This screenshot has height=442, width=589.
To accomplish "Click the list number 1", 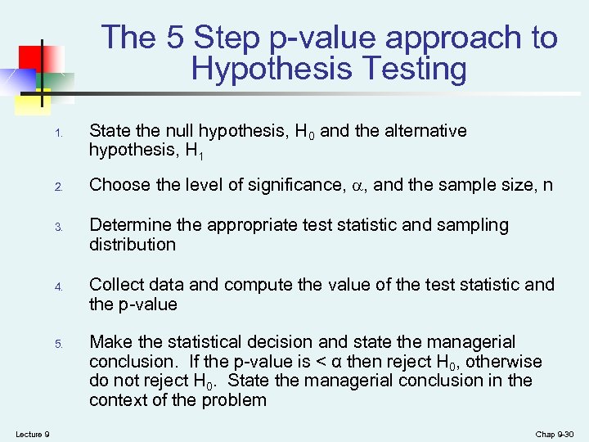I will pyautogui.click(x=58, y=133).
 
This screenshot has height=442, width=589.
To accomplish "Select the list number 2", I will pyautogui.click(x=58, y=187).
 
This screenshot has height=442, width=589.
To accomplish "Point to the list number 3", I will pyautogui.click(x=58, y=227).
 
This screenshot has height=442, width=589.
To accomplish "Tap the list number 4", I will pyautogui.click(x=58, y=287).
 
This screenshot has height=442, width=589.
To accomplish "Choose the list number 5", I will pyautogui.click(x=58, y=344).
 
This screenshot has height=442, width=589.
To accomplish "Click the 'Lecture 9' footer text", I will pyautogui.click(x=33, y=433).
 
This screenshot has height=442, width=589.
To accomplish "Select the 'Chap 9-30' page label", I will pyautogui.click(x=555, y=433).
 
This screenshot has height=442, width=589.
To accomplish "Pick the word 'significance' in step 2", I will pyautogui.click(x=291, y=185).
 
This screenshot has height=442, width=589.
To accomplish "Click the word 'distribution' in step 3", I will pyautogui.click(x=133, y=244).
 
